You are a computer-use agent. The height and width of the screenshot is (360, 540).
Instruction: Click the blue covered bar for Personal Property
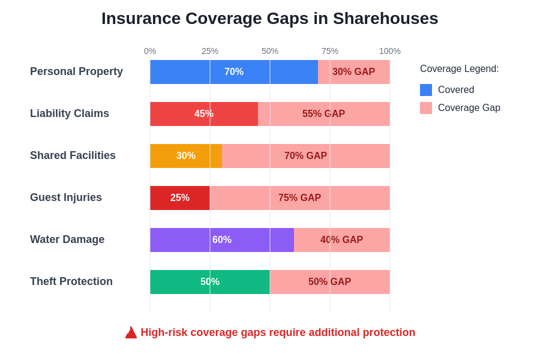(x=234, y=72)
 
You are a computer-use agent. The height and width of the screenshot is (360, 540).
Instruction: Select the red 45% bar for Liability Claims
(x=204, y=114)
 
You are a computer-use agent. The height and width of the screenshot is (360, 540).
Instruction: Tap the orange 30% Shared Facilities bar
(x=186, y=156)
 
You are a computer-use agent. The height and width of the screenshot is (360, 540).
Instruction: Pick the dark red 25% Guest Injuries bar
(x=179, y=198)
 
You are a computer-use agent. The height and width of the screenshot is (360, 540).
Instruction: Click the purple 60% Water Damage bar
(x=221, y=240)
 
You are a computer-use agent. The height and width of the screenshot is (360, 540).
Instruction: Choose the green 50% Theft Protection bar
(x=209, y=282)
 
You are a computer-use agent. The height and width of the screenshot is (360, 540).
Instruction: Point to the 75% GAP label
(x=299, y=198)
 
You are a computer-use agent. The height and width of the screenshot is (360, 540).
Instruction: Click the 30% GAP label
(x=353, y=72)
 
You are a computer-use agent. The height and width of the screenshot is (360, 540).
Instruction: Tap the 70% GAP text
(x=305, y=156)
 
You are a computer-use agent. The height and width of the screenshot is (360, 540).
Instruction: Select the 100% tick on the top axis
(x=389, y=51)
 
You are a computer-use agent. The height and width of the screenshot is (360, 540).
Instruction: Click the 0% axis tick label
(x=150, y=51)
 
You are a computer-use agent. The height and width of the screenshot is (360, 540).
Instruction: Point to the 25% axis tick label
(x=210, y=51)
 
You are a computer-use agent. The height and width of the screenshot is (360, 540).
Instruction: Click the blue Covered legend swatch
(x=426, y=90)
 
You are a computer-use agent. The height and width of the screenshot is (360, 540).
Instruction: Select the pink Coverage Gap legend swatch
(x=426, y=108)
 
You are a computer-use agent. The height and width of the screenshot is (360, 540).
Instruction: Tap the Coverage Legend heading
(x=459, y=69)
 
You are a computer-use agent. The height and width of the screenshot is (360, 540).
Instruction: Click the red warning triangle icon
(x=131, y=332)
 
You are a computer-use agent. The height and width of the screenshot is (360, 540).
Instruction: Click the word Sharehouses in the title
(x=385, y=19)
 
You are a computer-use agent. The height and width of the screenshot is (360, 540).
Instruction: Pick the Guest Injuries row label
(x=66, y=197)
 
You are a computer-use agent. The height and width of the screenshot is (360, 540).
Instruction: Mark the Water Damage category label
(x=67, y=239)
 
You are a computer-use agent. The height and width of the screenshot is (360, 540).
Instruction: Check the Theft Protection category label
(x=71, y=281)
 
